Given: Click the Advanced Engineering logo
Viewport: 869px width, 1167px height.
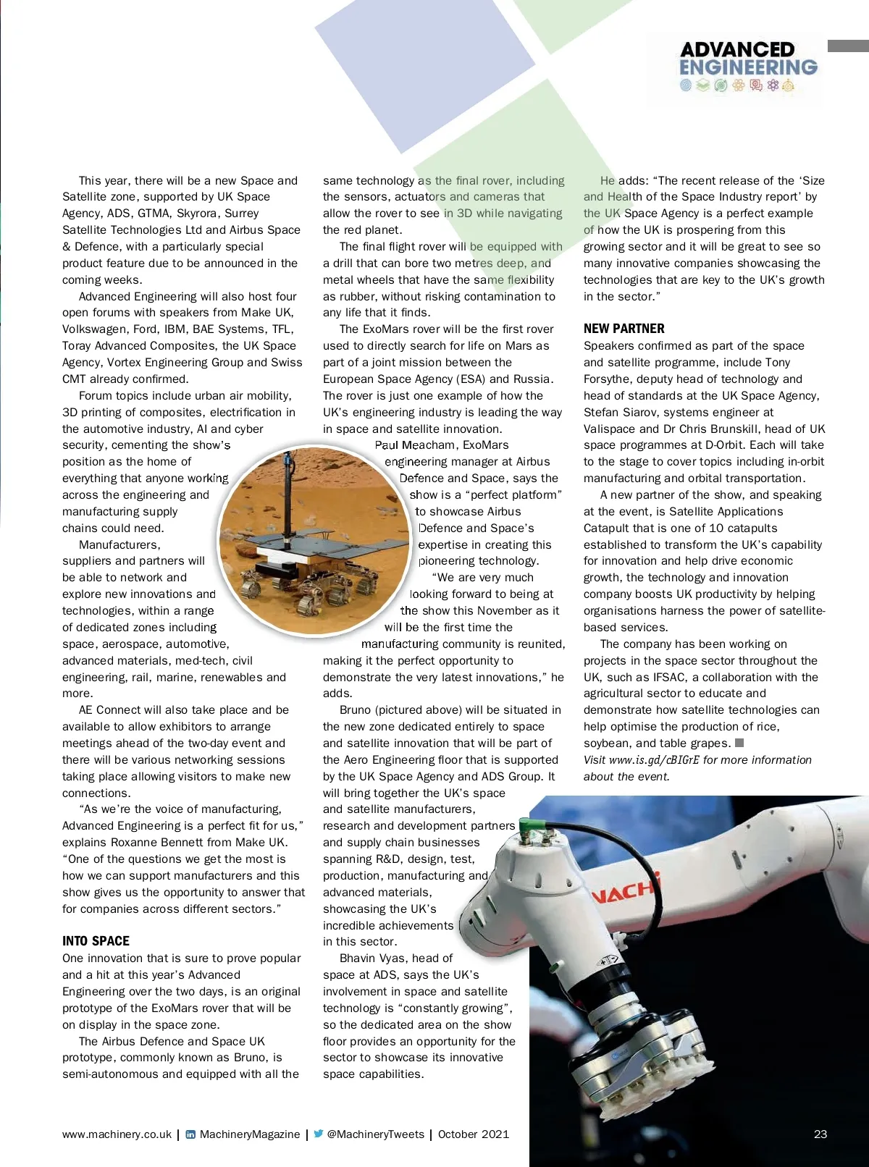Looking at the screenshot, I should coord(748,67).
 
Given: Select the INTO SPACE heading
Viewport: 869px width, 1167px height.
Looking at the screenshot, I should coord(96,941).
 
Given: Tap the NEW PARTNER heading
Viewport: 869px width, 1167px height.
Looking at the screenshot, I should coord(624,329).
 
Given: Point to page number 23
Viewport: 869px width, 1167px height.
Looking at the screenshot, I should coord(820,1134).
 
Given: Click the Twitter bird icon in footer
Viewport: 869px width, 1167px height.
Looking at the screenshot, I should coord(319,1134).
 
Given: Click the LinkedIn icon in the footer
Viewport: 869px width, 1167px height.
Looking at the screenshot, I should coord(190,1134).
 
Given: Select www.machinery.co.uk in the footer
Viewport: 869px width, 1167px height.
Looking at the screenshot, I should coord(117,1134).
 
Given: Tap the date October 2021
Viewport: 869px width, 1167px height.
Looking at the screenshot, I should coord(474,1134).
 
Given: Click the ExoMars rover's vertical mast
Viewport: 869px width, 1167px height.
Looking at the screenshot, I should coord(288,500).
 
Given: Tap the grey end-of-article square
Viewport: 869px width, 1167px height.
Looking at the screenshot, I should coord(739,743).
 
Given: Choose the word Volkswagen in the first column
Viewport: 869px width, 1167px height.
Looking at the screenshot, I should coord(93,329).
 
